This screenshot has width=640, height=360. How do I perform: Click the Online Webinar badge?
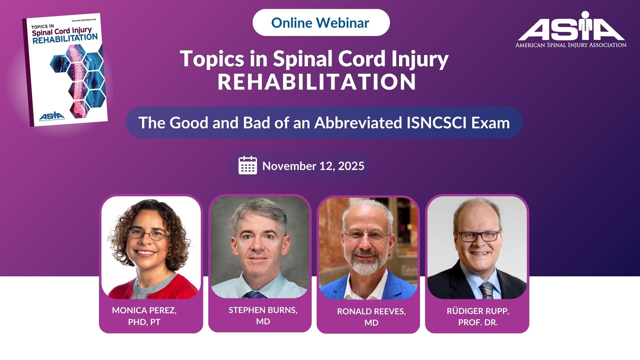321,22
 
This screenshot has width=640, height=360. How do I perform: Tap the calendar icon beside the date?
248,165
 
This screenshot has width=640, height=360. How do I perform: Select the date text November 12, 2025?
313,166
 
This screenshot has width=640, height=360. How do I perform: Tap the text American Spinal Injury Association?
571,45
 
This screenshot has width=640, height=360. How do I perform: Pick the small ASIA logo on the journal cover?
52,116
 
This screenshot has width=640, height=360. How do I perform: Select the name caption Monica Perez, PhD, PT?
144,316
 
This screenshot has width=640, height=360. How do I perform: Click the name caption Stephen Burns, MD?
263,316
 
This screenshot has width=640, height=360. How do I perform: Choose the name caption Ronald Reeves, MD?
371,317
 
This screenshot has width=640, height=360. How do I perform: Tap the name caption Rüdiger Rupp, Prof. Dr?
478,317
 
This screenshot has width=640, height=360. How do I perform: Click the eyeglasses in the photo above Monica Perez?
148,235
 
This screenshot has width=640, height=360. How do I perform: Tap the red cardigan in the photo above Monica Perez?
153,287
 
